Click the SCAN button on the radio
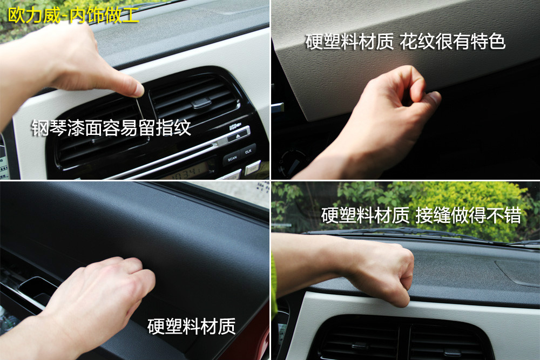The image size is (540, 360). pyautogui.click(x=232, y=158)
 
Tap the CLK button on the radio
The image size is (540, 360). pyautogui.click(x=248, y=152)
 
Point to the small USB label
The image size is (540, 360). pyautogui.click(x=235, y=126)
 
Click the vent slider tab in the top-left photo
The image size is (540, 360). pyautogui.click(x=201, y=103)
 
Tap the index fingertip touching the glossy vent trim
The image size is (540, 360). pyautogui.click(x=138, y=90)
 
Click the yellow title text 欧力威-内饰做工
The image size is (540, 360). pyautogui.click(x=73, y=15)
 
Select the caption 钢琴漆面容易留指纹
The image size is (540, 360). pyautogui.click(x=111, y=128)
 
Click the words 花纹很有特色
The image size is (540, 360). pyautogui.click(x=453, y=42)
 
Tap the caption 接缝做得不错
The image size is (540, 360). pyautogui.click(x=468, y=215)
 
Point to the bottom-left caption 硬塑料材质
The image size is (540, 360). pyautogui.click(x=192, y=327)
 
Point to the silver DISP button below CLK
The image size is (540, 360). pyautogui.click(x=253, y=168)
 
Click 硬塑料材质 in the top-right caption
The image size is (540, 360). pyautogui.click(x=349, y=42)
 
